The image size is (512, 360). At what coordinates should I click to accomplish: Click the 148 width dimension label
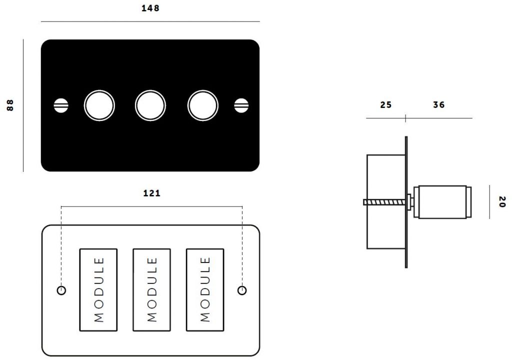(150, 8)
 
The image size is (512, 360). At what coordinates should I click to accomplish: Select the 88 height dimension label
(10, 105)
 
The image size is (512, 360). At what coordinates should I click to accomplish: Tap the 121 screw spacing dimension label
(152, 193)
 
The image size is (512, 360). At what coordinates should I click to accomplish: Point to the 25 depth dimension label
(385, 105)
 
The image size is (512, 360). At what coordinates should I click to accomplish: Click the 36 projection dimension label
(439, 105)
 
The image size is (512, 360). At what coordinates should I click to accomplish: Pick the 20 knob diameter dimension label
(502, 201)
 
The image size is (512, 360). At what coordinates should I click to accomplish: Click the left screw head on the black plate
(61, 105)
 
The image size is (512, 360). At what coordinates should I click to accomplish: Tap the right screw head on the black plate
(241, 105)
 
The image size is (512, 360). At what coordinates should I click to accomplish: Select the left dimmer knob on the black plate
(99, 105)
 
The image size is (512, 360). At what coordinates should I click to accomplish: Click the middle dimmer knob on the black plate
(150, 105)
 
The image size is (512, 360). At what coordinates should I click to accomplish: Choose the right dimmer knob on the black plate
(203, 105)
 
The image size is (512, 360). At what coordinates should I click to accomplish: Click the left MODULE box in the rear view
(98, 290)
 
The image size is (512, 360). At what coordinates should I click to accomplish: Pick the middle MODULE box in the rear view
(151, 290)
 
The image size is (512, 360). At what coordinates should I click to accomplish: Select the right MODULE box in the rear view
(205, 290)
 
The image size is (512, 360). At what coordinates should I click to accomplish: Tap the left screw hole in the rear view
(61, 290)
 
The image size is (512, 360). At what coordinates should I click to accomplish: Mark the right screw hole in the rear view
(242, 290)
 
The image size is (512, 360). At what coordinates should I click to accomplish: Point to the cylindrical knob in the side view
(442, 201)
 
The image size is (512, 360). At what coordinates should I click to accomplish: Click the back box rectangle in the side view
(386, 201)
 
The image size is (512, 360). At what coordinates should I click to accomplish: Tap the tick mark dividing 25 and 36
(405, 118)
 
